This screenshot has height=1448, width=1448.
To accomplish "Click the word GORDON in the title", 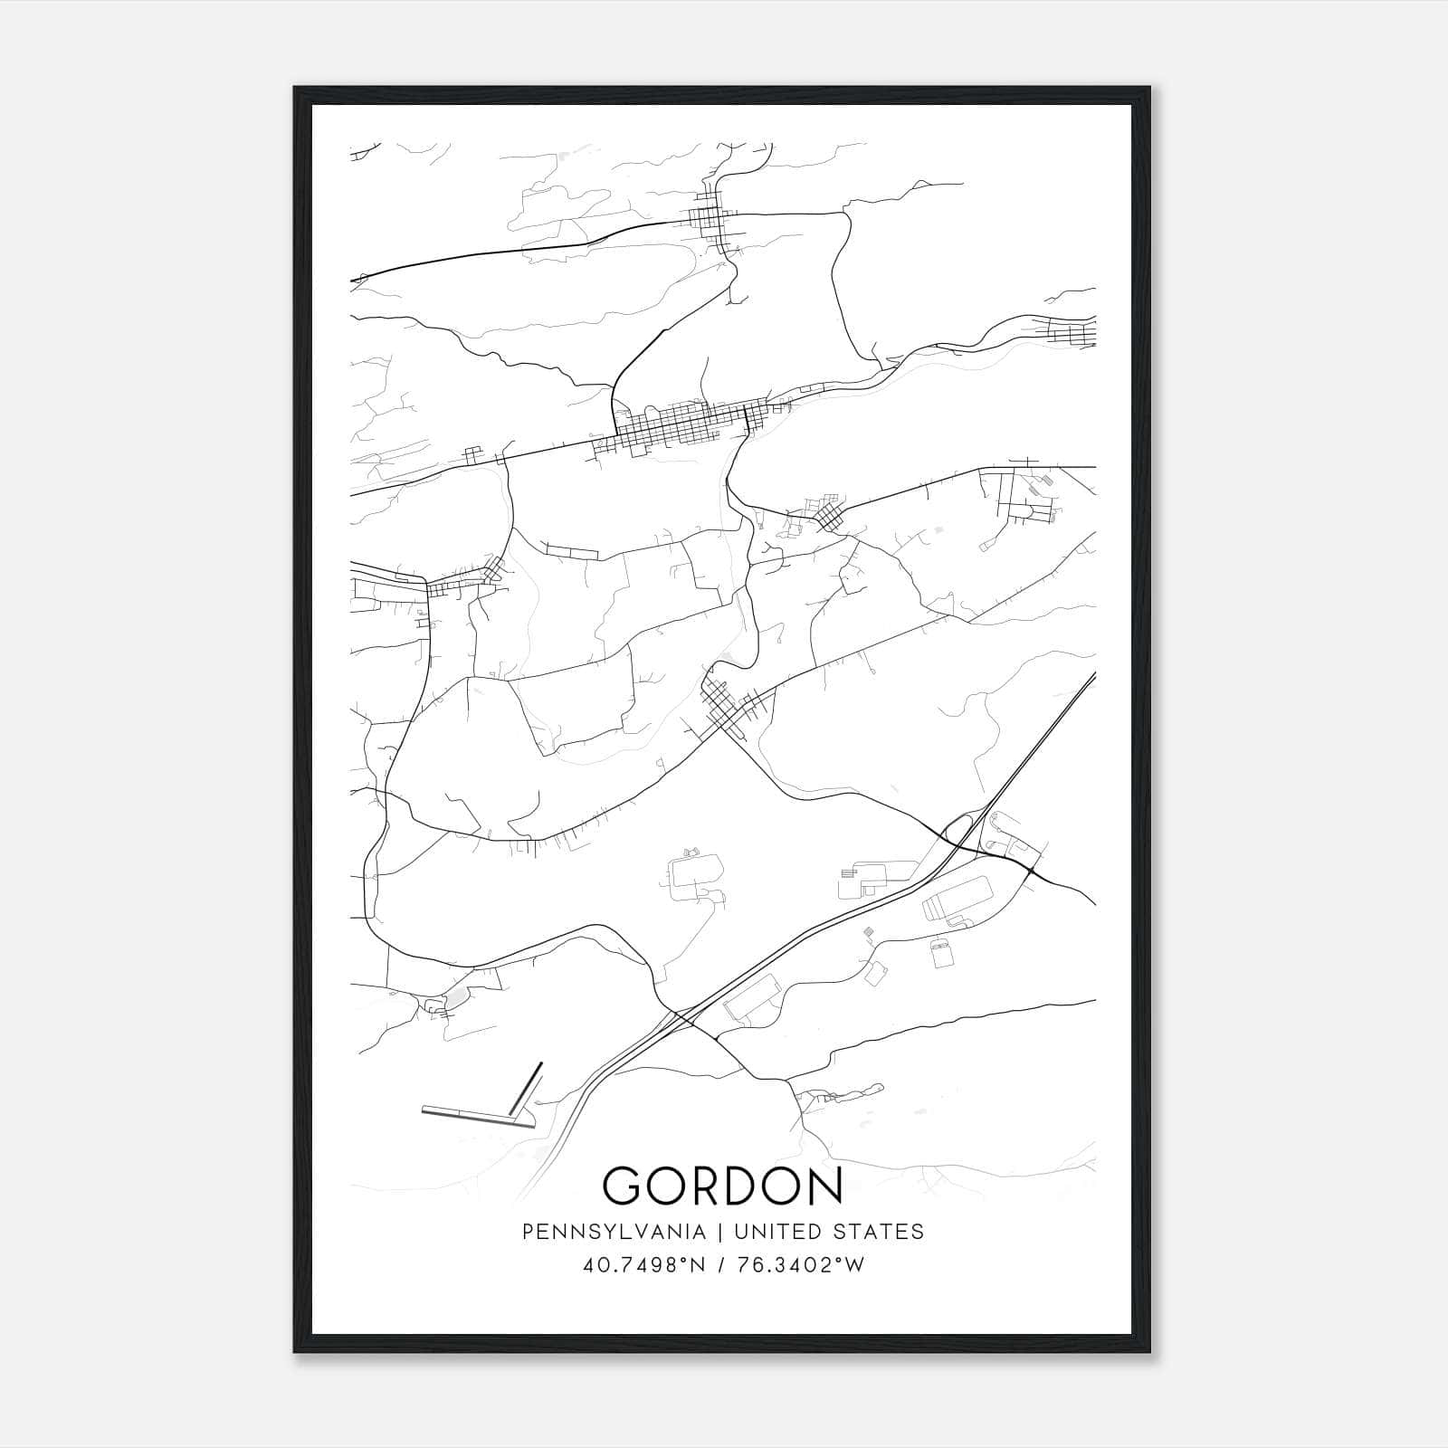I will [x=722, y=1186].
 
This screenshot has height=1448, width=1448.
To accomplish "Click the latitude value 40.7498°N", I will [x=644, y=1265].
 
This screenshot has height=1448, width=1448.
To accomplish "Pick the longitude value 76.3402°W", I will [x=802, y=1265].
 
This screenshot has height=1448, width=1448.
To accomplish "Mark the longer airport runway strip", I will [x=476, y=1117].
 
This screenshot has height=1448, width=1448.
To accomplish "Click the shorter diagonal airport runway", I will [x=526, y=1088].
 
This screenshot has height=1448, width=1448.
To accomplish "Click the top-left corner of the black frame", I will [x=295, y=88].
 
